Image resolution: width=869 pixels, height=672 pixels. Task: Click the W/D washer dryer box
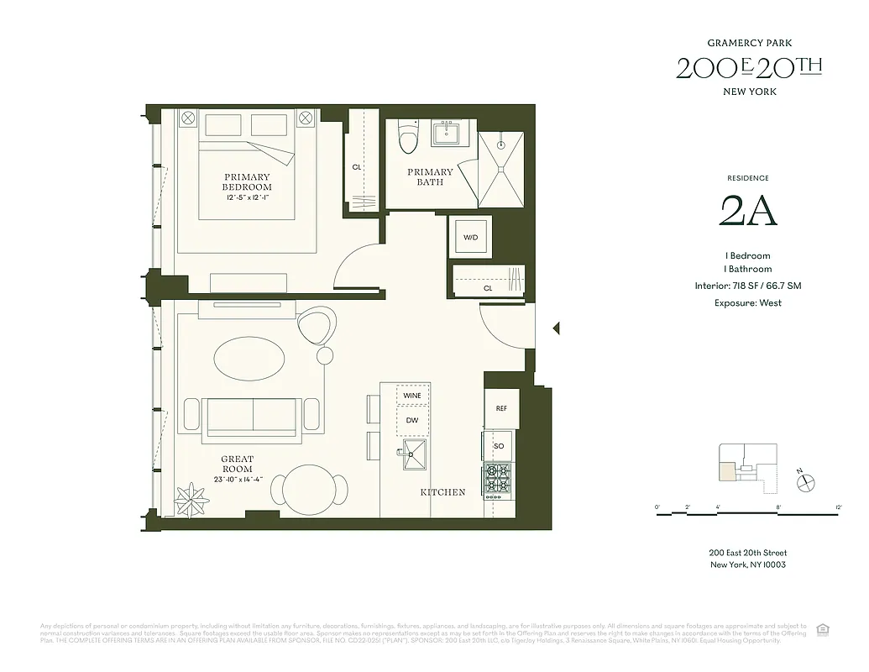click(470, 238)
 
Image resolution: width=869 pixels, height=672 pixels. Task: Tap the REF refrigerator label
click(501, 409)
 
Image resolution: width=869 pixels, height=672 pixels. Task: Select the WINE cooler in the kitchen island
click(411, 396)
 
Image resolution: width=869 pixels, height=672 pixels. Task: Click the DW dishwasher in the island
click(411, 421)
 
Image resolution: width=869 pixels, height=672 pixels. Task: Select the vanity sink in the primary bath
click(446, 133)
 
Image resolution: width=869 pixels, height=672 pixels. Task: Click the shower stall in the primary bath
click(501, 168)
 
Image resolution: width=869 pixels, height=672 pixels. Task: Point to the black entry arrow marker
click(555, 328)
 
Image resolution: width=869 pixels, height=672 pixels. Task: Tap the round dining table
click(309, 490)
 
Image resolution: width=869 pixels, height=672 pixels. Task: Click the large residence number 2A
click(748, 212)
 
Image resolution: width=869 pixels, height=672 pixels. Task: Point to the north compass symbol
click(807, 482)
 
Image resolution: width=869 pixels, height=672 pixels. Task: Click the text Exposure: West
click(747, 302)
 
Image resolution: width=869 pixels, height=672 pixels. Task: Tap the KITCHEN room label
click(442, 492)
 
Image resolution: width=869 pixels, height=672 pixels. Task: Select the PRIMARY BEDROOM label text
click(247, 181)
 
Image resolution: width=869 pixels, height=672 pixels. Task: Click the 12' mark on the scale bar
click(838, 507)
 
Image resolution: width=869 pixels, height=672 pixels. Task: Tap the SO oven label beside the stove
click(499, 445)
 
